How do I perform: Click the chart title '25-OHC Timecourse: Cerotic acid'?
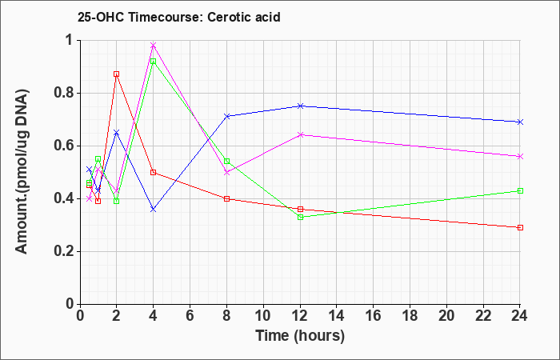click(x=179, y=17)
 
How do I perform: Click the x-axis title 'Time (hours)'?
click(x=300, y=336)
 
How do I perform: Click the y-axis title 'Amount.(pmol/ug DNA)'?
click(x=22, y=171)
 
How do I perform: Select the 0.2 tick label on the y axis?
click(x=65, y=251)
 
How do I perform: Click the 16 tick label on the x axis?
click(x=373, y=316)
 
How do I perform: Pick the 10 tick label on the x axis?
click(x=263, y=316)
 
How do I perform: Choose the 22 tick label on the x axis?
click(x=483, y=316)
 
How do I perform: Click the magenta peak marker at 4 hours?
click(x=154, y=46)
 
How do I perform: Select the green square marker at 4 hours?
click(x=154, y=62)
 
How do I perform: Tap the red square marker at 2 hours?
click(x=117, y=74)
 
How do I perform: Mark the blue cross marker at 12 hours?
click(x=300, y=106)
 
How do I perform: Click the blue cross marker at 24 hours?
click(x=520, y=122)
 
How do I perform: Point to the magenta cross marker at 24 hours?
click(x=520, y=157)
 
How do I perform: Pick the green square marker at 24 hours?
click(x=520, y=190)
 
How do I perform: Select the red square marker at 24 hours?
click(x=520, y=227)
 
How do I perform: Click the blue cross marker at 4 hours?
click(x=154, y=210)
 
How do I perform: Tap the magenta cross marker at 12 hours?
click(x=300, y=135)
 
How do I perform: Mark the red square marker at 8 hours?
click(x=226, y=198)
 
